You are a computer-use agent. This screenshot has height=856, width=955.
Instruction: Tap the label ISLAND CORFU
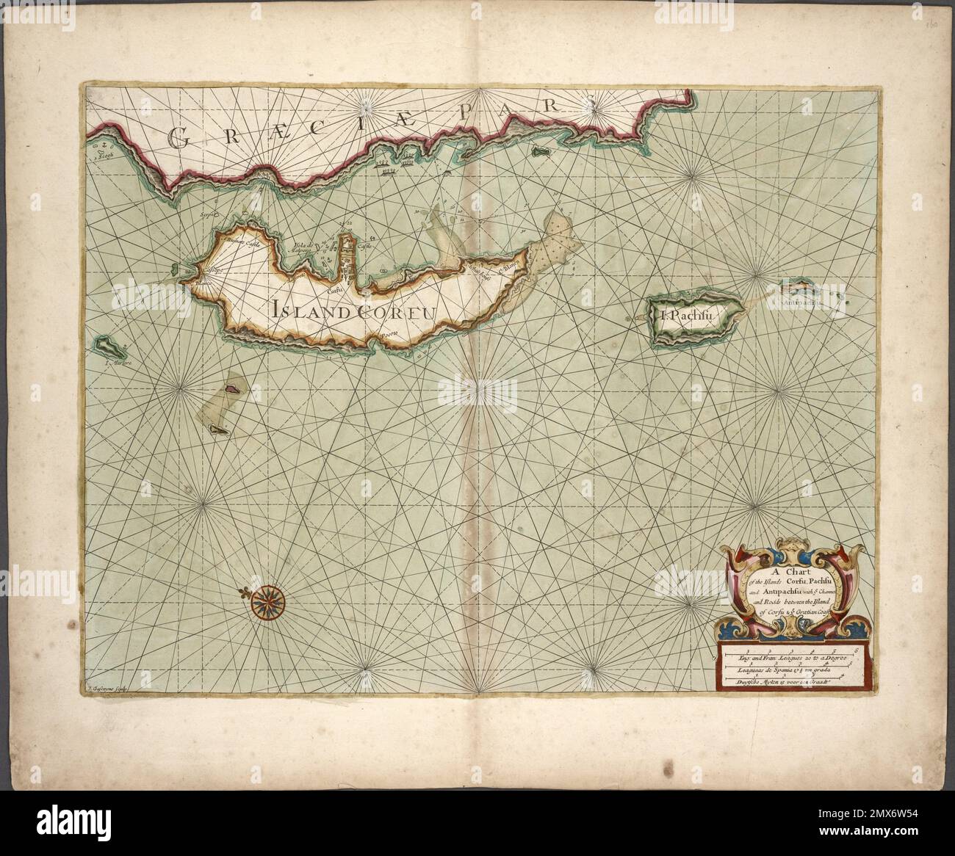tap(353, 311)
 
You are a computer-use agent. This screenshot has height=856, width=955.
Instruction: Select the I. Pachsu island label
tap(686, 316)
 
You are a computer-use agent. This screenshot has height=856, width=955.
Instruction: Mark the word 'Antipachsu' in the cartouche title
tap(789, 595)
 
